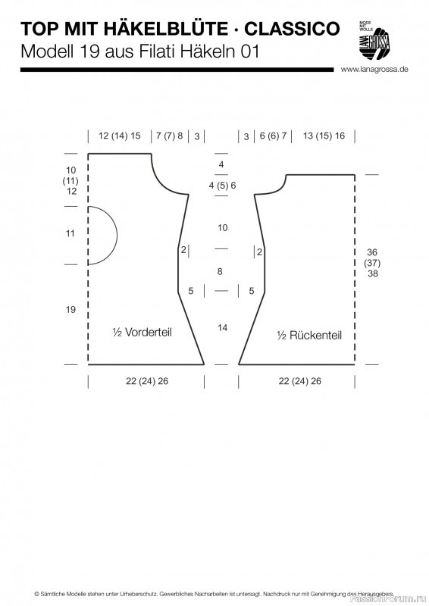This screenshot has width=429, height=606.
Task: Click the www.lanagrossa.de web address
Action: coord(374,70)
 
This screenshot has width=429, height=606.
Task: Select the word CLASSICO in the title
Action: coord(292,29)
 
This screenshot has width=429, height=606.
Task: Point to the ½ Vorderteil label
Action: coord(142,333)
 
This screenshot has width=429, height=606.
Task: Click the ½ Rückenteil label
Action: coord(309,335)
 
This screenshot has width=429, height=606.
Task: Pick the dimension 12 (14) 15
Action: coord(120,136)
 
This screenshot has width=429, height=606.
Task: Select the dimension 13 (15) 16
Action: coord(324,136)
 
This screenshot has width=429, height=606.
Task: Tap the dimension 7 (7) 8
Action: coord(170,136)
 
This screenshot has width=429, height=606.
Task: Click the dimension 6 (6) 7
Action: coord(273,136)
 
